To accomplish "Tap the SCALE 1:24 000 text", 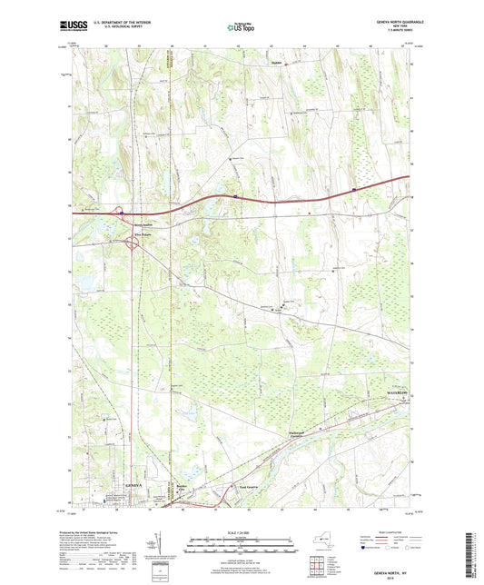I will click(242, 531).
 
